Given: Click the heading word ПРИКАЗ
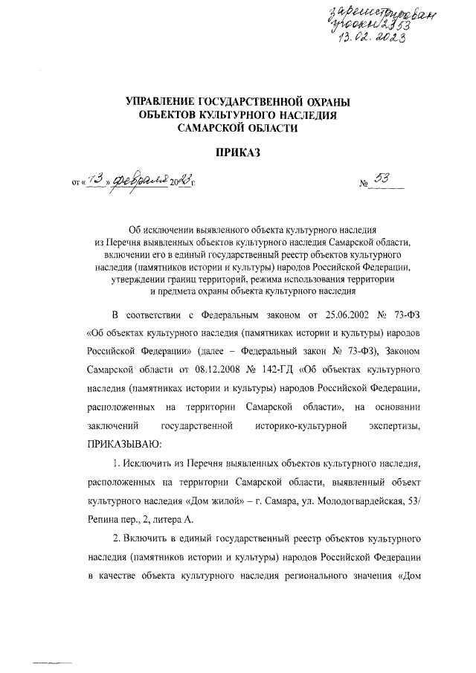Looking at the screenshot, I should pyautogui.click(x=238, y=153).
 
